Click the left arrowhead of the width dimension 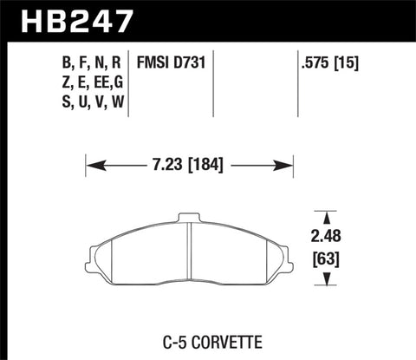[x=91, y=163]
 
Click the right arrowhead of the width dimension [x=289, y=163]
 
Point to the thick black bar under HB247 [x=208, y=39]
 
